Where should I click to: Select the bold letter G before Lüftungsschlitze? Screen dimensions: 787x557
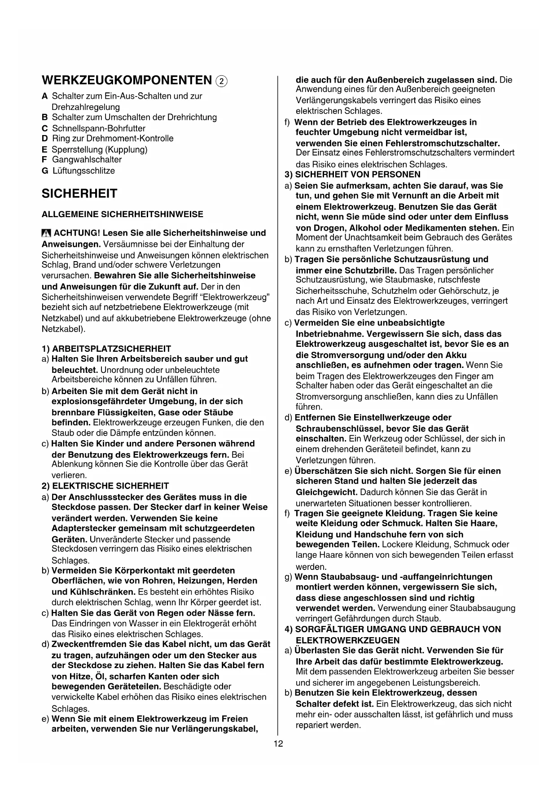tap(45, 171)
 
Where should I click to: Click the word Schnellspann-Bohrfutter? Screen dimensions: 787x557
tap(99, 128)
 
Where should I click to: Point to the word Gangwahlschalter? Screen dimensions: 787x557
tap(87, 160)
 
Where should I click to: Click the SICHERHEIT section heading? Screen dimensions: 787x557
tap(79, 194)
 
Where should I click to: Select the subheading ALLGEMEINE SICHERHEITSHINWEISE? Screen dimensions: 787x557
tap(122, 214)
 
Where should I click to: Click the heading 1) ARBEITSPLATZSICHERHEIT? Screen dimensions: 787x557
tap(106, 349)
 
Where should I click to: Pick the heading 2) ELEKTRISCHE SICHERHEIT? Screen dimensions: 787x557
tap(105, 486)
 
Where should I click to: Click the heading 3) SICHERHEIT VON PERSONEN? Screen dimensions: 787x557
tap(353, 175)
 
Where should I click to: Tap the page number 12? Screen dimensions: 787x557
tap(278, 744)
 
